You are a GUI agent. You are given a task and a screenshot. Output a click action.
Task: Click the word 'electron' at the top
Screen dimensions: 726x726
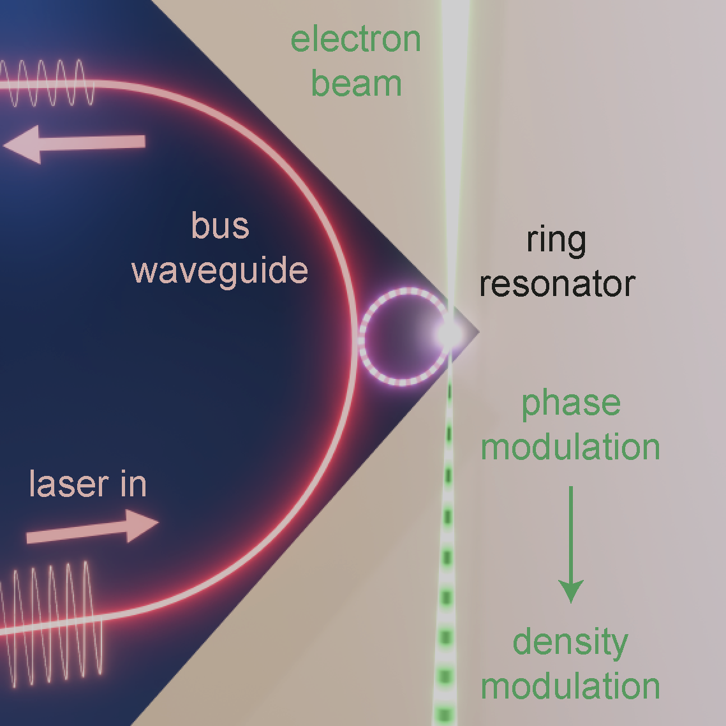(x=355, y=40)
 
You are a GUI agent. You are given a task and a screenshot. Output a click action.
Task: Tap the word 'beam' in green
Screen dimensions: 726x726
(x=356, y=84)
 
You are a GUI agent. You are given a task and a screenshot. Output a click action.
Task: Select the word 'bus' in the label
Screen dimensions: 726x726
(x=220, y=226)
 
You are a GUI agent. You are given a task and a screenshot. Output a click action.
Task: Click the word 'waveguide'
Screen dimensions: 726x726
(x=220, y=270)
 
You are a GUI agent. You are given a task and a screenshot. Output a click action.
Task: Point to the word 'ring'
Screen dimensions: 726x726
(x=557, y=241)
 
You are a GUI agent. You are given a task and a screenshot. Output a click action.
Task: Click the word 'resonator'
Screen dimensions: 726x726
(x=557, y=284)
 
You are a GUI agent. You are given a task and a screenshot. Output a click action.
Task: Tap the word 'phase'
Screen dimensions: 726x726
(x=571, y=404)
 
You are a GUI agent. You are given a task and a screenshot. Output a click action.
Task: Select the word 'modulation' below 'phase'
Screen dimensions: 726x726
(x=570, y=447)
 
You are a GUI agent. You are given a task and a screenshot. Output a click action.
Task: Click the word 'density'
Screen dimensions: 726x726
(x=570, y=642)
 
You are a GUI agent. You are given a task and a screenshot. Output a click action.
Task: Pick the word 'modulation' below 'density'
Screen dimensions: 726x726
(x=570, y=686)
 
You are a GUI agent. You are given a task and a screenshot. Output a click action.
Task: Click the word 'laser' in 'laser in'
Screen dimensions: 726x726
(x=69, y=484)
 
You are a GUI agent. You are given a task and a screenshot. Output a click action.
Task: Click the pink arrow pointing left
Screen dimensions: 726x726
(x=74, y=144)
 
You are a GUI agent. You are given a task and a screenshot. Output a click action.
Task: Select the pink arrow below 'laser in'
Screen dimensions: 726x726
(x=93, y=528)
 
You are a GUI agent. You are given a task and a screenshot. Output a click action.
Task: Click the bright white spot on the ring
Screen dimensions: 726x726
(x=448, y=332)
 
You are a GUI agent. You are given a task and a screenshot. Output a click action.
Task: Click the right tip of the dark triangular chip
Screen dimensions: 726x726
(x=478, y=332)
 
